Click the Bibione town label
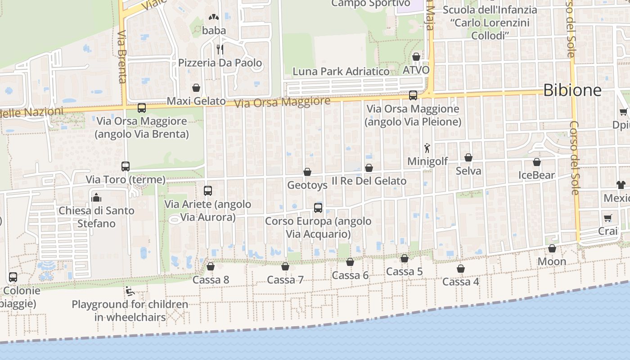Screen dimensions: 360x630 tap(572, 90)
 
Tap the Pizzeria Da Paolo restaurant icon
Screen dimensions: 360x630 tap(220, 49)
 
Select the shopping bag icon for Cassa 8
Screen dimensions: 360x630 tap(210, 266)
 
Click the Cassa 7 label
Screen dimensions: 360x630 tap(285, 280)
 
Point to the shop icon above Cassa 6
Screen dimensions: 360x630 tap(350, 262)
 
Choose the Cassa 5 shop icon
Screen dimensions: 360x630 tap(405, 258)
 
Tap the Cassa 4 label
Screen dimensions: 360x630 tap(460, 282)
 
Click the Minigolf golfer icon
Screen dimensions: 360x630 tap(427, 148)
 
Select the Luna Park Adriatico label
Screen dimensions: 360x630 tap(341, 72)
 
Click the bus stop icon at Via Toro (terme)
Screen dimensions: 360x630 tap(126, 166)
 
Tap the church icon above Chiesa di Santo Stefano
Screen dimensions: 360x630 tap(96, 198)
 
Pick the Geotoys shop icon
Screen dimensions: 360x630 tap(307, 172)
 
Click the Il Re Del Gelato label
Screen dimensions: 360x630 tap(369, 181)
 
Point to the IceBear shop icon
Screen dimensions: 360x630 tap(536, 162)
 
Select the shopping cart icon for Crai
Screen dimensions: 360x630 tap(608, 218)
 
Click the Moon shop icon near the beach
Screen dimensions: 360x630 tap(552, 248)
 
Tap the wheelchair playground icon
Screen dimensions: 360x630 tap(129, 291)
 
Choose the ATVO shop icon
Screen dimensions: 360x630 tap(416, 57)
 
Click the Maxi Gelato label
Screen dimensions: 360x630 tap(196, 101)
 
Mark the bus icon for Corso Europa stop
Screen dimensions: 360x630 tap(318, 208)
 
